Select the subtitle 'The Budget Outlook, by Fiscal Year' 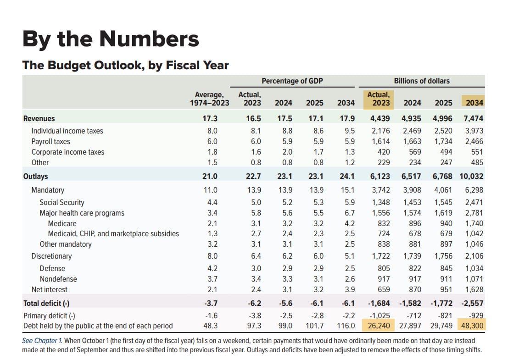[x=125, y=65]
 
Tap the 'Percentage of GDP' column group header [x=292, y=81]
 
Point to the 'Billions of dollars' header [x=422, y=81]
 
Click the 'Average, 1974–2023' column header [x=210, y=99]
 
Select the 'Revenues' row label [x=39, y=119]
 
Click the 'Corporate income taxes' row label [x=67, y=152]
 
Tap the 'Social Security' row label [x=62, y=202]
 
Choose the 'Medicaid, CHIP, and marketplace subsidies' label [x=113, y=234]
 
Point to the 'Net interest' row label [x=49, y=290]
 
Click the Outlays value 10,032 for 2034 [x=471, y=177]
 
